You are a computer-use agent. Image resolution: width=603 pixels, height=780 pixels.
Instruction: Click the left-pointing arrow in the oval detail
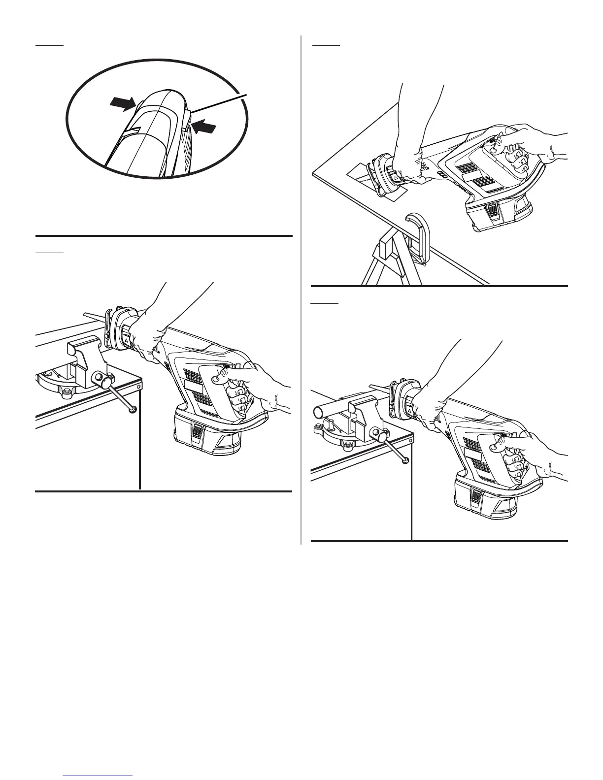click(204, 128)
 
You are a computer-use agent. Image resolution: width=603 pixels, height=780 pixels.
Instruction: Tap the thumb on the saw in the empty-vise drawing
click(221, 378)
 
